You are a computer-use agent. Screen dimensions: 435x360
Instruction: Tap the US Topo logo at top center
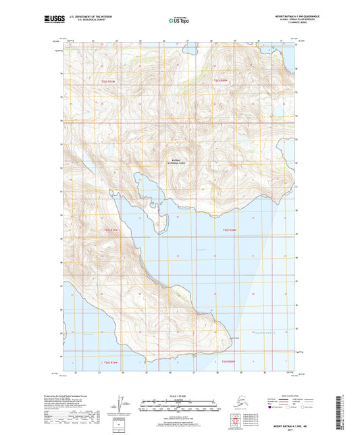[171, 21]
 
